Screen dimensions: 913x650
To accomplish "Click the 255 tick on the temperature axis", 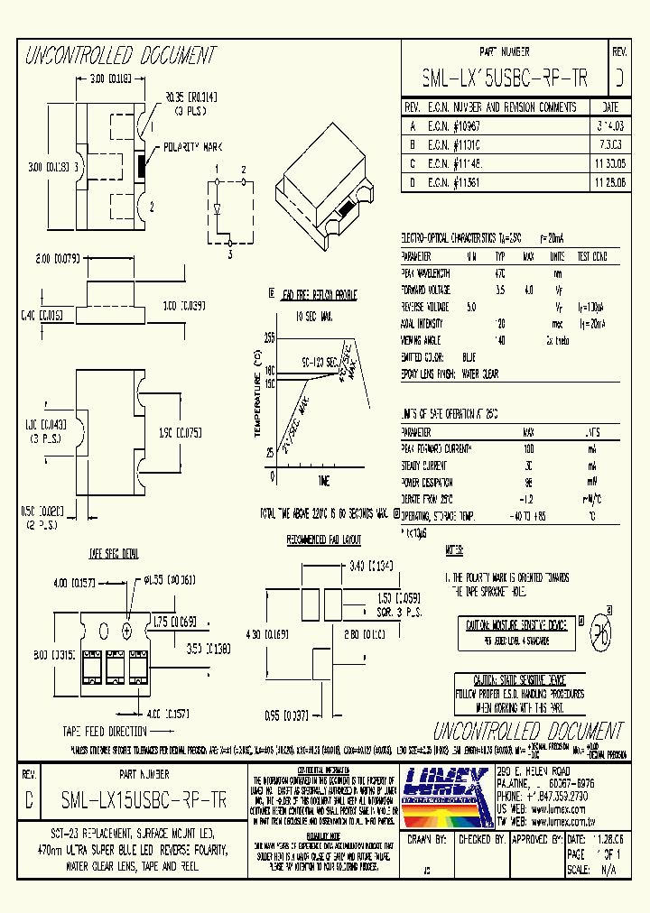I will [269, 337].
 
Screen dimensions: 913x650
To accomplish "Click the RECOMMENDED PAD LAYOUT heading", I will [323, 539].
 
